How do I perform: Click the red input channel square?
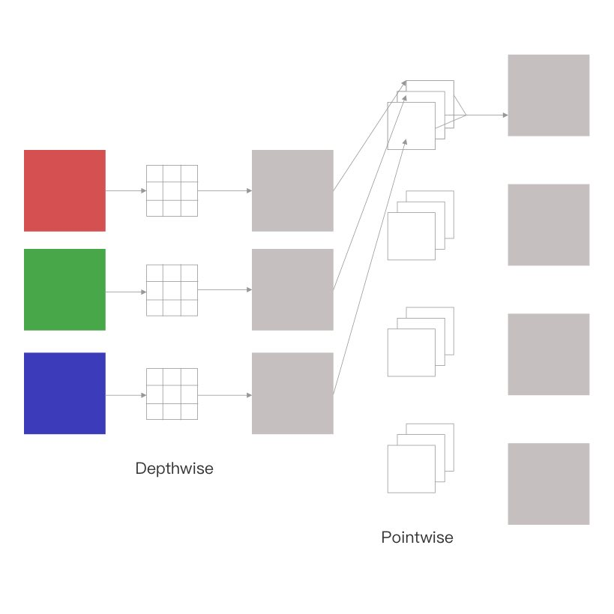(x=64, y=190)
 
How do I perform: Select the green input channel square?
(x=64, y=289)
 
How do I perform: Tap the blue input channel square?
(x=64, y=393)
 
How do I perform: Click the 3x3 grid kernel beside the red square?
(x=172, y=190)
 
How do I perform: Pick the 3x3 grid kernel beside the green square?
(x=172, y=290)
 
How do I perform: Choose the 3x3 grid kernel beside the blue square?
(x=172, y=394)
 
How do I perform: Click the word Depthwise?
(x=174, y=469)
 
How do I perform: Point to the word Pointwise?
(x=417, y=538)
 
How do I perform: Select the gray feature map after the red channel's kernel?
(x=292, y=190)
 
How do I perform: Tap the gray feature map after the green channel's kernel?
(x=292, y=289)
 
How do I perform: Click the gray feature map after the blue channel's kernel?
(x=292, y=393)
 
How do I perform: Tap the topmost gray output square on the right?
(x=548, y=95)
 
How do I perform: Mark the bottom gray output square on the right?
(x=548, y=484)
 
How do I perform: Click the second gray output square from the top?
(x=548, y=225)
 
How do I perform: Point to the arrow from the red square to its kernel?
(x=126, y=190)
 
